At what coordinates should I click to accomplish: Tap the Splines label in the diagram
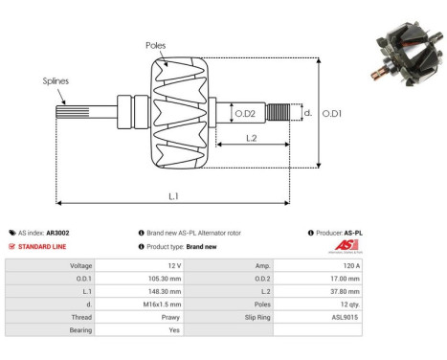tap(55, 82)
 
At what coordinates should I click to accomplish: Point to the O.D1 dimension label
tap(332, 113)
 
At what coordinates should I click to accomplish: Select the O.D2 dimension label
tap(245, 114)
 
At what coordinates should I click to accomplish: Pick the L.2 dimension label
tap(249, 139)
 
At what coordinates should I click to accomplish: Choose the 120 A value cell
tap(350, 265)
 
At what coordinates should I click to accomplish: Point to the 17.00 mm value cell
tap(345, 278)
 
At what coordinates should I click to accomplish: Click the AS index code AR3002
tap(56, 233)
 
